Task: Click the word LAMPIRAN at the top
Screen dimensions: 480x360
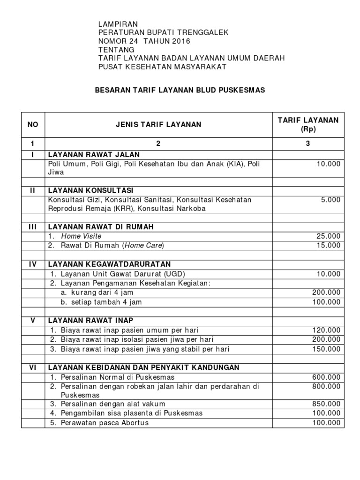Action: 118,24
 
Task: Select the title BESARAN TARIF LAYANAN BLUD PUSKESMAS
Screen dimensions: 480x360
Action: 180,90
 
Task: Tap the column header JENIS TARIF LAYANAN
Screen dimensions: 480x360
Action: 158,125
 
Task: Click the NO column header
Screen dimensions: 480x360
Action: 33,125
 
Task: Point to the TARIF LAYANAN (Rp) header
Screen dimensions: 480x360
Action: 307,125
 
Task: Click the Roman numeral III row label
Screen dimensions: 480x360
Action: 33,227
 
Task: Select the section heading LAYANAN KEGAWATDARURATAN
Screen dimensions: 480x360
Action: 109,264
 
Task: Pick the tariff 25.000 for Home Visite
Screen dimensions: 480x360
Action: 328,236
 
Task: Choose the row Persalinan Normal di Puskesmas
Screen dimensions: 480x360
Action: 112,377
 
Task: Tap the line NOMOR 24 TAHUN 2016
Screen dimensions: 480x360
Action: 144,41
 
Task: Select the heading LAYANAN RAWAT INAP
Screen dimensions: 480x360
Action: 90,321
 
